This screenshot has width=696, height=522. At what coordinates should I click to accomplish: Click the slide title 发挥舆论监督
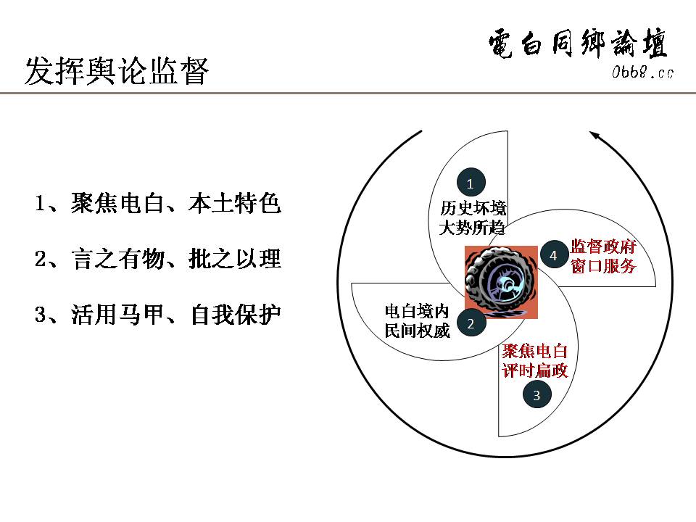(117, 72)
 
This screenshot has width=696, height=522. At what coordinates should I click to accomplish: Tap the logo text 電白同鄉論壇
(578, 45)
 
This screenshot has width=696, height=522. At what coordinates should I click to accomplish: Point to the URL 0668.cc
(642, 72)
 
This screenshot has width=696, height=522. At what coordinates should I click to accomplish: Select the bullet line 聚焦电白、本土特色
(157, 204)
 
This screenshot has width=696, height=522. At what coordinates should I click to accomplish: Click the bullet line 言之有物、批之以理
(157, 259)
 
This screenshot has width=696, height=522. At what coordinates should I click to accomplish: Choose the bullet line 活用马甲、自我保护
(157, 315)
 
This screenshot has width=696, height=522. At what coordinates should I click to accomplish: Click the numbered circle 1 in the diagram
(470, 183)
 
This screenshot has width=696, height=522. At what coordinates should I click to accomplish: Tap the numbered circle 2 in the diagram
(471, 324)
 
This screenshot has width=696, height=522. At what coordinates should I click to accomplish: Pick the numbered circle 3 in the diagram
(536, 395)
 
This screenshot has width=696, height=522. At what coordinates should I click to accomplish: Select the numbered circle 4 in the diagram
(553, 255)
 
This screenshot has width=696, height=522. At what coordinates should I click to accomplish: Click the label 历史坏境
(473, 208)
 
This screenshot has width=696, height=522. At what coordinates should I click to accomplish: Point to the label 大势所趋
(473, 226)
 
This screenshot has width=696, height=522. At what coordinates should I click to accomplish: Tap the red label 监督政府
(603, 246)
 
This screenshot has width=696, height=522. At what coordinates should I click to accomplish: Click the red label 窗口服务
(603, 265)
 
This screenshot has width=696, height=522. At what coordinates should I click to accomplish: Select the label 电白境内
(417, 312)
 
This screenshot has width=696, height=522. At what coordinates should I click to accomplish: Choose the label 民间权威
(417, 331)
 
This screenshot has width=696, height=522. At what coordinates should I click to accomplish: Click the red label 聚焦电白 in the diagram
(535, 352)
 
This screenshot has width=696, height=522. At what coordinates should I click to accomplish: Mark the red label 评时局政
(535, 370)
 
